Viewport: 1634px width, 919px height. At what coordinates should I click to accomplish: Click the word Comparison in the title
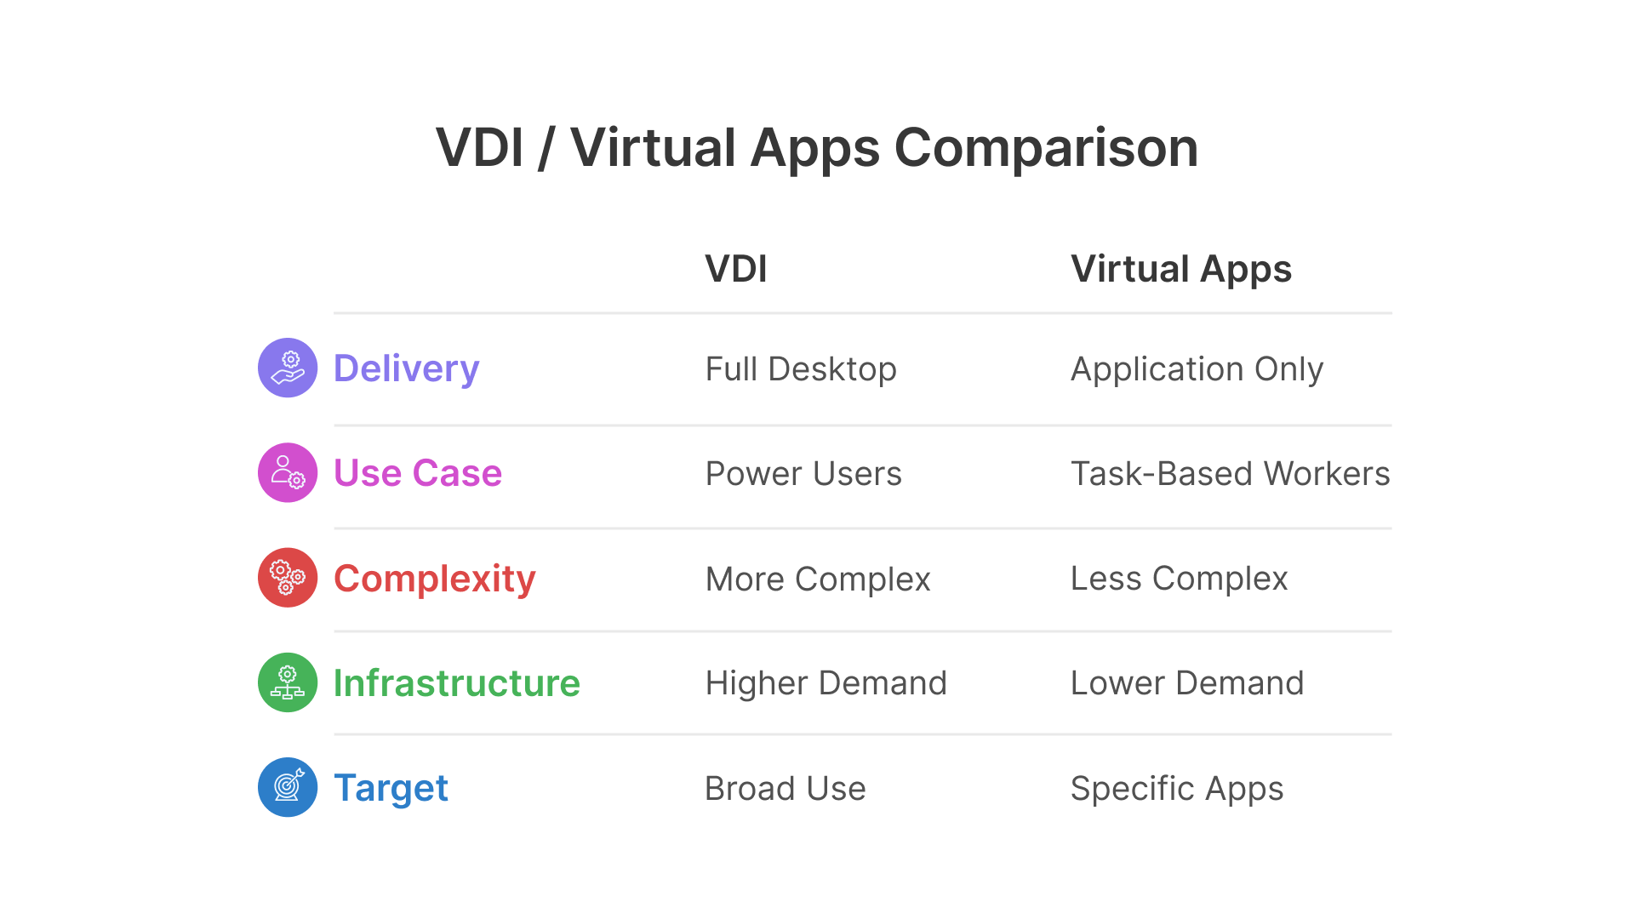(x=1046, y=149)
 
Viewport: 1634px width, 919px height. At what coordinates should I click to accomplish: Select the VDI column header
(x=736, y=269)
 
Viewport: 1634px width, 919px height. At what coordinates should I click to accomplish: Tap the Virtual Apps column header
(x=1181, y=269)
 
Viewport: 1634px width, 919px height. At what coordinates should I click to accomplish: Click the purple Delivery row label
(x=406, y=368)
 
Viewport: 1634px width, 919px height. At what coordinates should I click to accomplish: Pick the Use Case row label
(x=417, y=473)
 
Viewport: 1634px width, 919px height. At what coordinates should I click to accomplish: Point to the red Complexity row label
(x=434, y=579)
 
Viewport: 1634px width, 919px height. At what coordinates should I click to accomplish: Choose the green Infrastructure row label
(x=456, y=683)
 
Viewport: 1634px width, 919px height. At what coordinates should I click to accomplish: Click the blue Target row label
(x=391, y=788)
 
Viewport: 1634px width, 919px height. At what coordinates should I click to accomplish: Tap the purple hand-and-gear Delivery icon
(x=288, y=368)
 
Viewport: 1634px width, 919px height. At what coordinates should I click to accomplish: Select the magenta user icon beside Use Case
(x=288, y=472)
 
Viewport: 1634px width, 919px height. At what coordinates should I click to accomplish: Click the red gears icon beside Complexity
(x=288, y=577)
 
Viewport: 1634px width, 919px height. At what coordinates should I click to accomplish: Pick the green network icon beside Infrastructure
(x=288, y=682)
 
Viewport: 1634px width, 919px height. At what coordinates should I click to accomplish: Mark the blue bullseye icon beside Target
(x=288, y=787)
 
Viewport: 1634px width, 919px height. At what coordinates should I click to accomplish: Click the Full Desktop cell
(x=801, y=369)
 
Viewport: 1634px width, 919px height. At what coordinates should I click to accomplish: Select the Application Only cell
(x=1197, y=369)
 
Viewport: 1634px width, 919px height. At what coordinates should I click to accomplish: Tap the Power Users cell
(x=803, y=474)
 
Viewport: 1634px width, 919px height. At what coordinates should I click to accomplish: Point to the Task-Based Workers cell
(x=1230, y=474)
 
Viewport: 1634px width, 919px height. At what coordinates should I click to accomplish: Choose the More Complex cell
(x=818, y=579)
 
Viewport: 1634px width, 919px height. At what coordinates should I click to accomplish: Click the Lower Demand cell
(x=1187, y=683)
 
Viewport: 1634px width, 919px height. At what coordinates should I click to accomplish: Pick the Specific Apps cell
(x=1177, y=789)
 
